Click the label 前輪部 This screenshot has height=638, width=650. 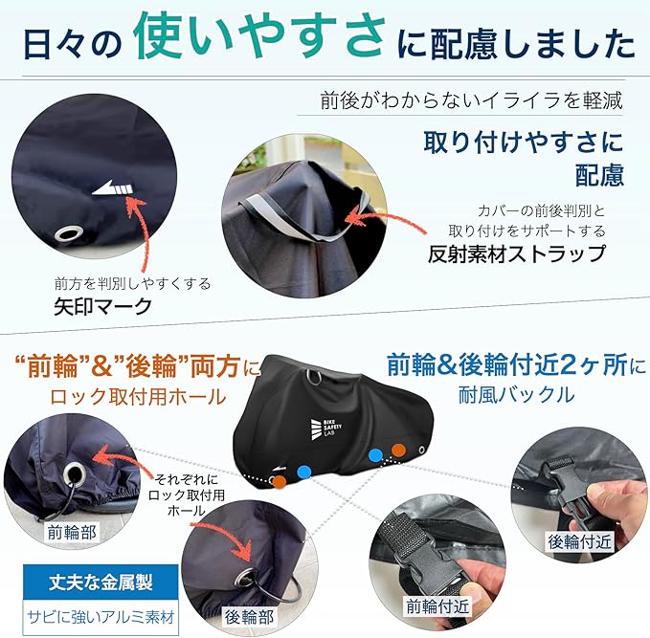coord(72,533)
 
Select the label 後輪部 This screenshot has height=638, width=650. coord(249,617)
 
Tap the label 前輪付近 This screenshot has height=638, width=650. coord(437,606)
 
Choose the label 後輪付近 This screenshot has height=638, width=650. coord(579,541)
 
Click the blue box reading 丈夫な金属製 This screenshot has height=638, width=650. coord(101,583)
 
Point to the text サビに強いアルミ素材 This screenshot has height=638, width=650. coord(101,617)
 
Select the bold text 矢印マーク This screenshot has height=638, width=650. coord(102,307)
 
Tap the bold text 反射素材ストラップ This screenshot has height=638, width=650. coord(517,253)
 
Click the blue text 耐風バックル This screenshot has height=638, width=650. coord(517,394)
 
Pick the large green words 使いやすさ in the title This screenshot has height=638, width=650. coord(260,35)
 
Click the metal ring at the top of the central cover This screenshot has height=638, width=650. coord(315,377)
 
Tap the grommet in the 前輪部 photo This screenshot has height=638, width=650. coord(75,474)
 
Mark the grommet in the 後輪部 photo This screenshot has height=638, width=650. coord(246,577)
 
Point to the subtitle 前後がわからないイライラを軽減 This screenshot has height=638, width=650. coord(471,100)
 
